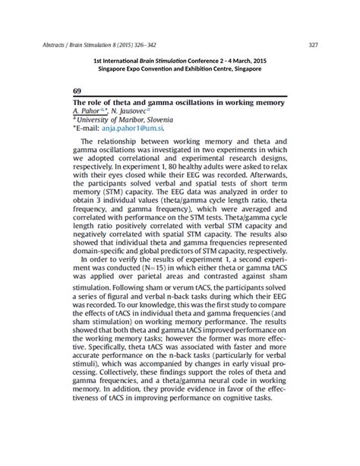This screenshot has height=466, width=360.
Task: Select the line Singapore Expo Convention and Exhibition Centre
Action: pyautogui.click(x=180, y=68)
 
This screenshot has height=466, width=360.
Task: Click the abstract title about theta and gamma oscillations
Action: pyautogui.click(x=178, y=102)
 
